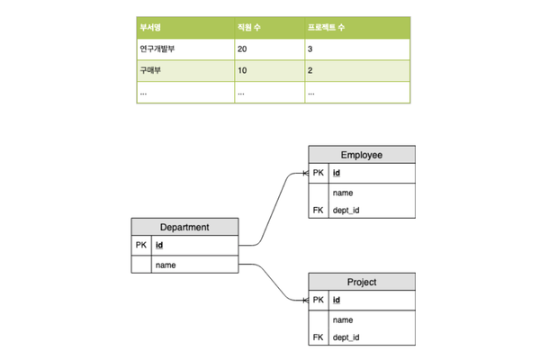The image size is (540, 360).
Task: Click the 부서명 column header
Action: point(150,27)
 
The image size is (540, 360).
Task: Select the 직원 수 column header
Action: point(248,27)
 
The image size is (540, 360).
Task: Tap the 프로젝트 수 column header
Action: point(326,27)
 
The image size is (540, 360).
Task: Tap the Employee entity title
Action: point(362,155)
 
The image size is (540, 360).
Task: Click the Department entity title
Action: point(184,227)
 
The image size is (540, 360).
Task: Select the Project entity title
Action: point(362,282)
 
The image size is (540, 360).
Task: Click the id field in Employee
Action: point(337,173)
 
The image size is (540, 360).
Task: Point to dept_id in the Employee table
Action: point(346,210)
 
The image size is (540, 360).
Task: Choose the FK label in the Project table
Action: point(319,337)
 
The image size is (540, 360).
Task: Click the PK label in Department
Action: point(141,245)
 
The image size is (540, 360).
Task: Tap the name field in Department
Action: point(166,265)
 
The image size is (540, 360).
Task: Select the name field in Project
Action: point(343,320)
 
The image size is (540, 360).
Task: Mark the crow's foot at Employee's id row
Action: point(305,173)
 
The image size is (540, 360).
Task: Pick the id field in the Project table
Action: point(337,300)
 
